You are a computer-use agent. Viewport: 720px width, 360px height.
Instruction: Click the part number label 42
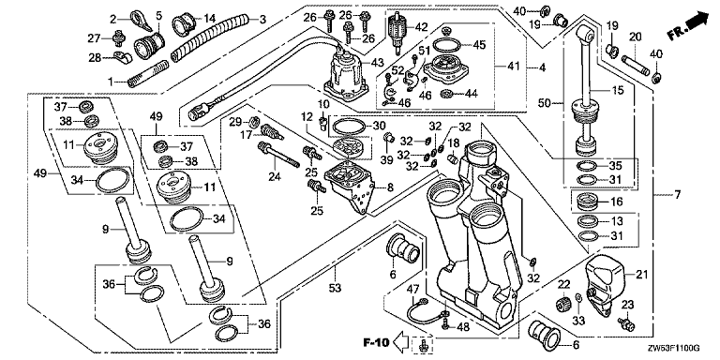(422, 26)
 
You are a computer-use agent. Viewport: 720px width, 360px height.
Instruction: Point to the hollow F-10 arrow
(402, 342)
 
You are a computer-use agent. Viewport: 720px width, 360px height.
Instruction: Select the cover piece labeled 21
(606, 285)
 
